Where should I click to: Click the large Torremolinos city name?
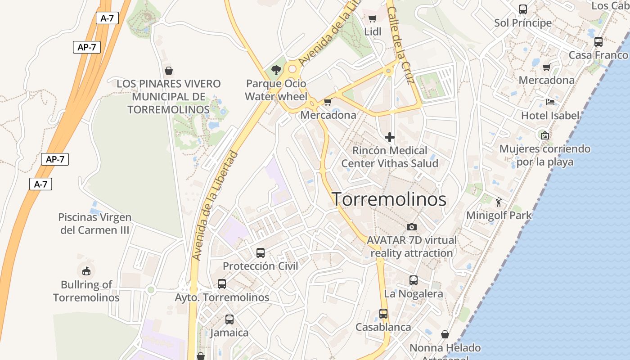point(389,199)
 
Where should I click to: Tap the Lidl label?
point(373,31)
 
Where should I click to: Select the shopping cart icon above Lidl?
point(372,18)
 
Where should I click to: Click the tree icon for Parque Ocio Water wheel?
point(276,70)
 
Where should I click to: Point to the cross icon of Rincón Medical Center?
point(390,137)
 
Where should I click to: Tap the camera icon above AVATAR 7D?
point(411,227)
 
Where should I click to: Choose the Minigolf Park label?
point(499,215)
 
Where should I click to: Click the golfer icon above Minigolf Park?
point(498,202)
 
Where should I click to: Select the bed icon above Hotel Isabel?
point(550,102)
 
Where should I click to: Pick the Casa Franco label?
point(598,55)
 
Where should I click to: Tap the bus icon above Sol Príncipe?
point(523,9)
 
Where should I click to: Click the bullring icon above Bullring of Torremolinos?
point(86,271)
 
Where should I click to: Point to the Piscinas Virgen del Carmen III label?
point(95,224)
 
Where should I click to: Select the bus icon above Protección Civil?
point(261,253)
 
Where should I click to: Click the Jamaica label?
point(229,333)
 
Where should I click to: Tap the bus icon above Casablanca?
point(383,314)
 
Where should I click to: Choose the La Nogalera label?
point(414,294)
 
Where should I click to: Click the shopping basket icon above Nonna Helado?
point(445,334)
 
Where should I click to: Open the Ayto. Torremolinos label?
point(222,297)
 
